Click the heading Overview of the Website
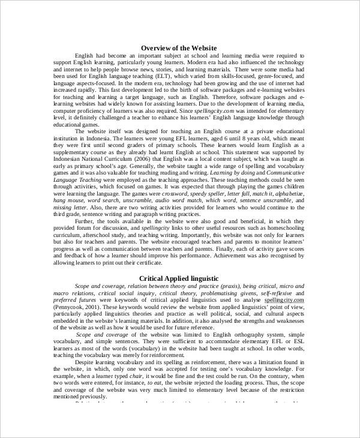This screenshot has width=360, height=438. (178, 47)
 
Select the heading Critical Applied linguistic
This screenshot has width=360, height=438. (179, 278)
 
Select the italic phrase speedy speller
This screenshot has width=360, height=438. (208, 195)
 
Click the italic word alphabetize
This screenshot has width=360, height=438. (287, 195)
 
